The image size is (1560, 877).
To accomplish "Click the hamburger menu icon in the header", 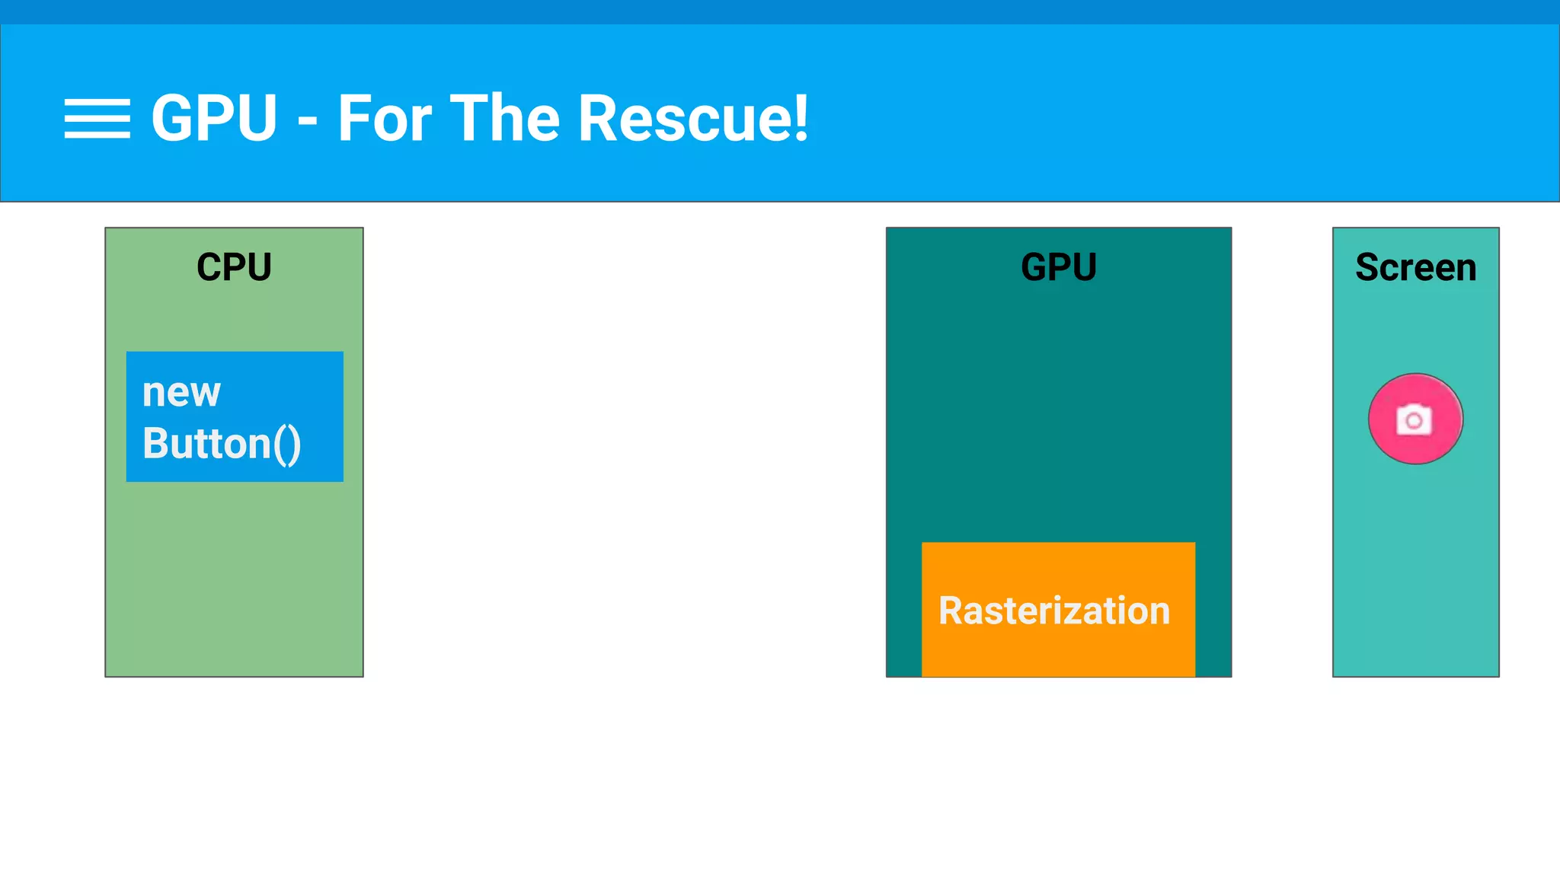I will [x=97, y=119].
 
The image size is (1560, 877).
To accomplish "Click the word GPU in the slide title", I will [x=214, y=119].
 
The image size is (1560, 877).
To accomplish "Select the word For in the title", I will [x=385, y=119].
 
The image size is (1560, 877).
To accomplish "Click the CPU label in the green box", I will [x=234, y=267].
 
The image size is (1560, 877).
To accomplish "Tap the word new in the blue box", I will [x=181, y=393].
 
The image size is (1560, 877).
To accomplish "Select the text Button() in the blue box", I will [x=222, y=444].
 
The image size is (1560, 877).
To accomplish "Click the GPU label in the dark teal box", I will [x=1058, y=267].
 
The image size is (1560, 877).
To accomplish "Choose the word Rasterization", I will [x=1054, y=611].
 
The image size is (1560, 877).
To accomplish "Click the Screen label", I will [x=1415, y=267].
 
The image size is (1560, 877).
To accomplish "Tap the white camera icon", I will [x=1414, y=419].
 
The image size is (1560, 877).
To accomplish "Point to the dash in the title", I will [x=308, y=122].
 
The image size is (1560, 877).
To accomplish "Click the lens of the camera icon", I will [x=1414, y=421].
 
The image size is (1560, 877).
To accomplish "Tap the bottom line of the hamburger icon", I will [x=97, y=136].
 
